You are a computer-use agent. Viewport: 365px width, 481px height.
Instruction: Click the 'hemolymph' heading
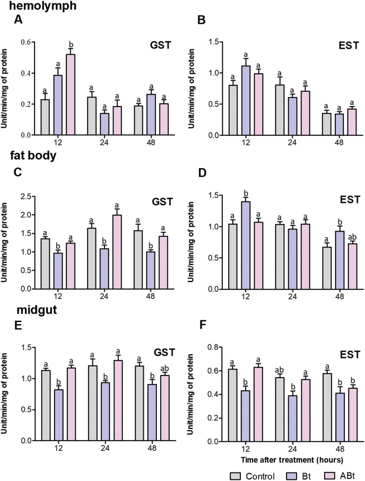[29, 6]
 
